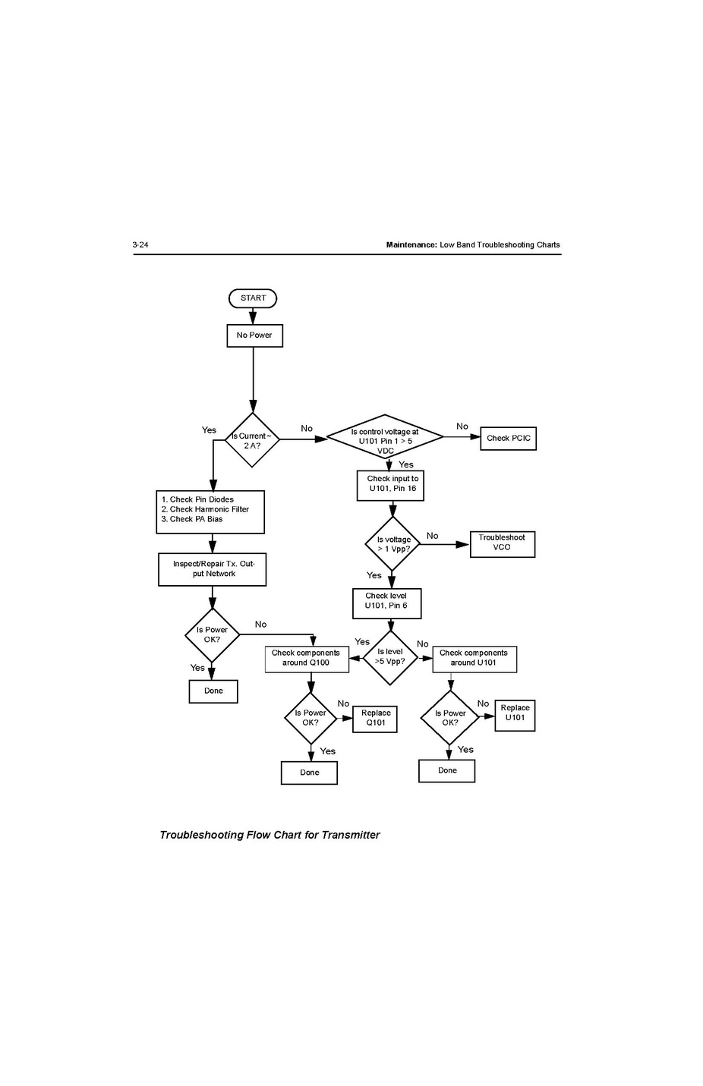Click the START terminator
click(253, 298)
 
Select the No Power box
click(254, 335)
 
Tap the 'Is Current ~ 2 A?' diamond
click(252, 440)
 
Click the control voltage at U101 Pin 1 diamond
click(385, 437)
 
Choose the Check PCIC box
click(508, 439)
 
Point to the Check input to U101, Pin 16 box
click(390, 485)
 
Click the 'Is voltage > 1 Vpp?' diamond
click(392, 544)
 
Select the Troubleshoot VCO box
click(502, 543)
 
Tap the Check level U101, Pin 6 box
click(386, 603)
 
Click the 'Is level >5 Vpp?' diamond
click(390, 657)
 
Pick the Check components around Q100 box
click(307, 658)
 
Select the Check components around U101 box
click(474, 658)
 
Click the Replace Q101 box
click(375, 719)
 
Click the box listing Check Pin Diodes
click(210, 511)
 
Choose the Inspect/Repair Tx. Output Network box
click(213, 569)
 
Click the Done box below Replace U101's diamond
click(447, 770)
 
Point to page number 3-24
click(140, 245)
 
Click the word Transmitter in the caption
click(350, 835)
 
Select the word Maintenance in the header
click(411, 245)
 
